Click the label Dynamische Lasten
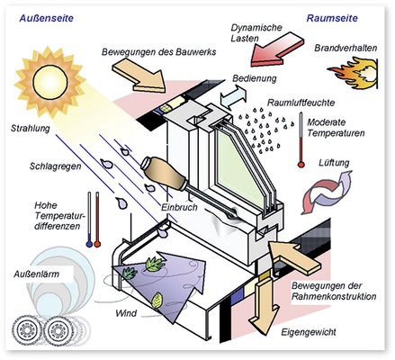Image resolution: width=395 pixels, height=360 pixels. click(x=260, y=33)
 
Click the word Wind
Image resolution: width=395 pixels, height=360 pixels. click(x=127, y=314)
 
